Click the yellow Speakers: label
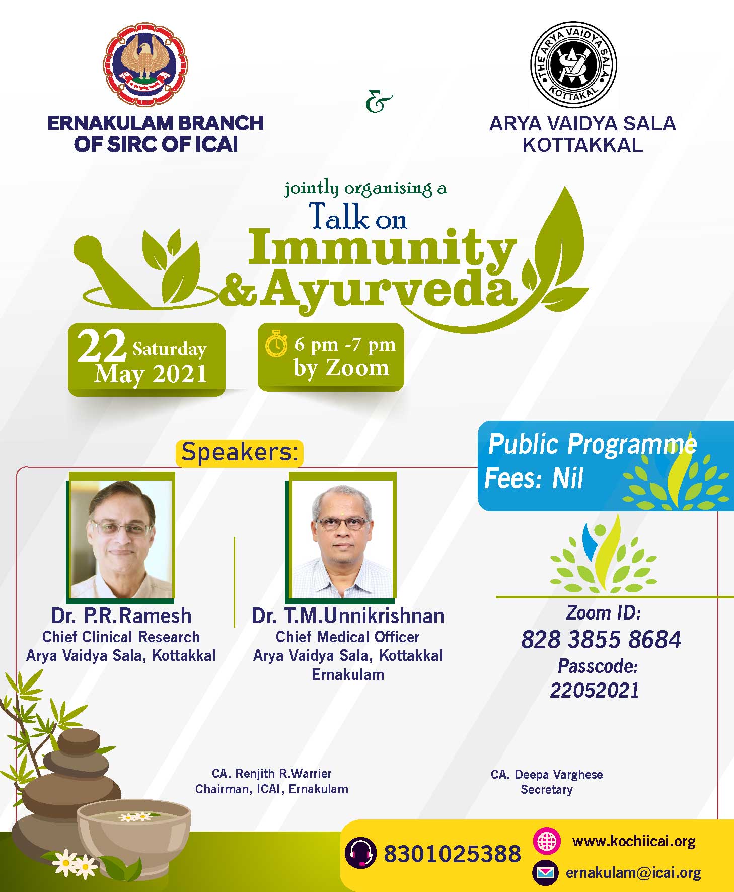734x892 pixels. point(240,452)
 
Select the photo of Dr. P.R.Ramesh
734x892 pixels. point(121,538)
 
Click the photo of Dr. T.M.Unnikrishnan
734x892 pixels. point(341,538)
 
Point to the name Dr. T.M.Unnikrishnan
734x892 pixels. point(348,616)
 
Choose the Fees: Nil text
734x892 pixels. point(534,477)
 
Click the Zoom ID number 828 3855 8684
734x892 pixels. point(601,640)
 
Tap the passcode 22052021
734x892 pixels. point(595,690)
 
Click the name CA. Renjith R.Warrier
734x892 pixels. point(272,773)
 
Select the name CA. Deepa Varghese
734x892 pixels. point(547,774)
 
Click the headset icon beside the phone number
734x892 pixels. point(360,853)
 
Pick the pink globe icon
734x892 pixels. point(546,841)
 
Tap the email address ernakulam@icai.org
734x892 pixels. point(633,873)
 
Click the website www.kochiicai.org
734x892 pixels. point(634,841)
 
